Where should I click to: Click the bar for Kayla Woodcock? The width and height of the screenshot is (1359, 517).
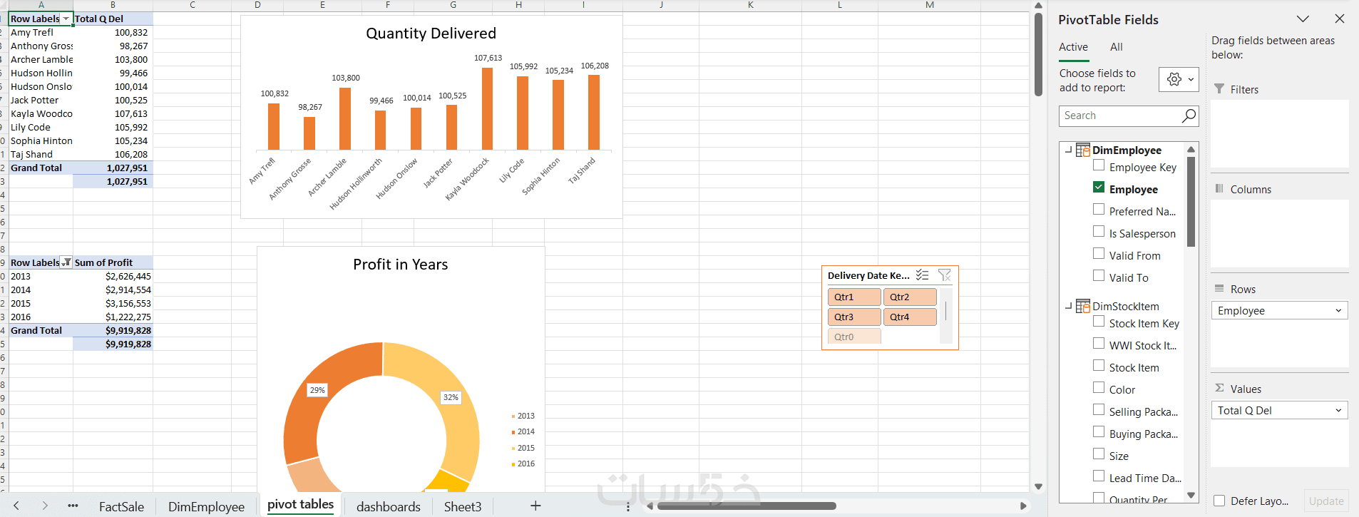click(487, 108)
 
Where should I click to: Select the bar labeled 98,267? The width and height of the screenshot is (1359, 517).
click(309, 133)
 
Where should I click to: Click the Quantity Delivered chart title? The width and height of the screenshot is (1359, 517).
click(431, 34)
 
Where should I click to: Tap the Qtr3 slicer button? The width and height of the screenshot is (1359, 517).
click(854, 317)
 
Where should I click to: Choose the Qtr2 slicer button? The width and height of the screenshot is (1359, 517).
click(910, 297)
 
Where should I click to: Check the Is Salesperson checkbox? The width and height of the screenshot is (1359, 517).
click(1099, 232)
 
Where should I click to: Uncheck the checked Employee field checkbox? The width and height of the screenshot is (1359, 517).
click(1099, 188)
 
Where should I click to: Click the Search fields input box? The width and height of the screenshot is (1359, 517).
click(1119, 116)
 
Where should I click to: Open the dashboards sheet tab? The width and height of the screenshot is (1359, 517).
click(388, 506)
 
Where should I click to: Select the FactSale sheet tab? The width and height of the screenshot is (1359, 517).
click(121, 506)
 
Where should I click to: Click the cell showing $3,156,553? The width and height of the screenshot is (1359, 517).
click(128, 303)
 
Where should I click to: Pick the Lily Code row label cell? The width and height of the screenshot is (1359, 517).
click(41, 127)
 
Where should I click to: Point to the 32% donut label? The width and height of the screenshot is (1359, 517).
click(451, 397)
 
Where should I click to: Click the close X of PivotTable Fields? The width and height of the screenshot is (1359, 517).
click(1339, 19)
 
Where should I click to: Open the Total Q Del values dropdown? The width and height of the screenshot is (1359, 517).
click(1338, 410)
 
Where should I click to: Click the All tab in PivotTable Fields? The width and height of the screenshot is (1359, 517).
click(1116, 47)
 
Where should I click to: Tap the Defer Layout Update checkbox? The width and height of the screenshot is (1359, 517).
click(1220, 501)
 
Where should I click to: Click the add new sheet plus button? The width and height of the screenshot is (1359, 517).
click(535, 506)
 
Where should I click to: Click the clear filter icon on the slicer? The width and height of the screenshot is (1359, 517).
click(945, 275)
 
